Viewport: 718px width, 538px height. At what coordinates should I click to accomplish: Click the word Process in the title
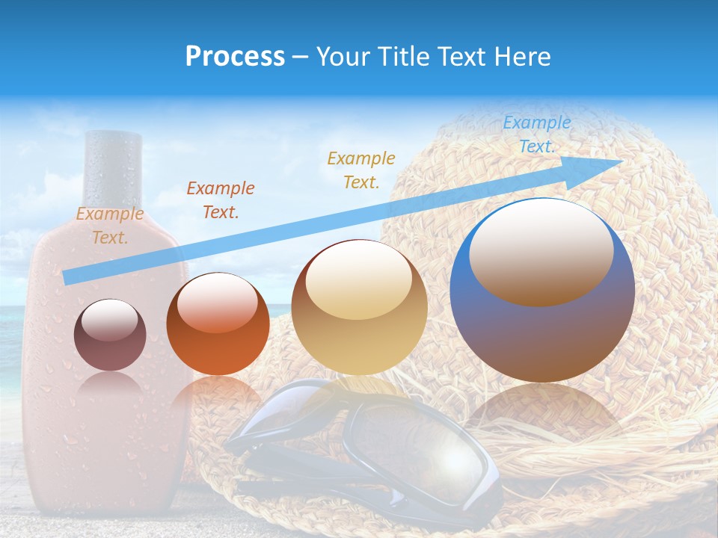tap(235, 57)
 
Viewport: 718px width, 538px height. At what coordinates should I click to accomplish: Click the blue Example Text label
tap(536, 134)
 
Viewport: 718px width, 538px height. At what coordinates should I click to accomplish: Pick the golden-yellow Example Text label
tap(361, 170)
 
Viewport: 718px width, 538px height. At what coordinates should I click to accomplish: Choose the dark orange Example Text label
tap(220, 200)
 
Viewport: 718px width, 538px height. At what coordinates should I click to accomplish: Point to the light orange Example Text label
tap(110, 225)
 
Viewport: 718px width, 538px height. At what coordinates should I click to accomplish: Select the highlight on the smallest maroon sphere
tap(110, 321)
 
